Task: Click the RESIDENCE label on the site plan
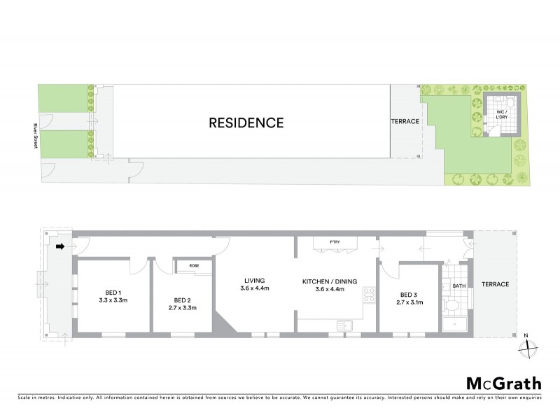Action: pos(246,123)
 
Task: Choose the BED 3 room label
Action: pos(409,295)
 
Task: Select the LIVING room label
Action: pos(255,281)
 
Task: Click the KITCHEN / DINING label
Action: pos(330,281)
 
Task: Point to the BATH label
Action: pos(459,286)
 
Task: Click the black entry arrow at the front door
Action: pos(60,246)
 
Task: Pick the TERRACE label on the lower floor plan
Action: pos(495,284)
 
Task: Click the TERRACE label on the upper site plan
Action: pos(405,121)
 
